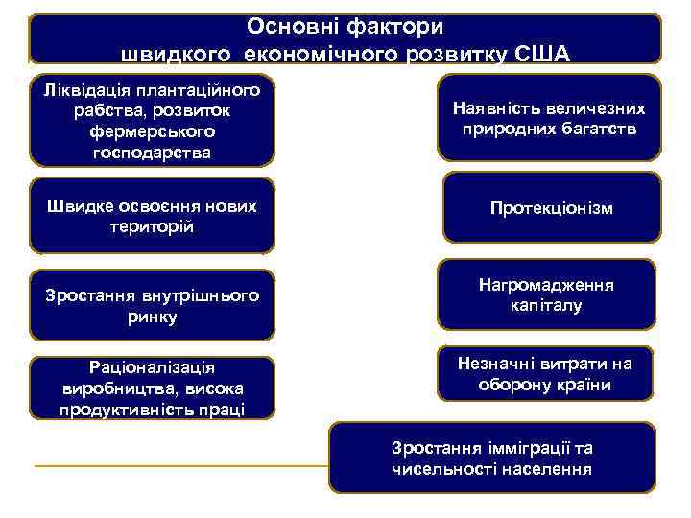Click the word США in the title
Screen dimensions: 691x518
[x=541, y=52]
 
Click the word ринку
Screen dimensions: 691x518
[x=151, y=317]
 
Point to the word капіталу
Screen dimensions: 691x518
[x=548, y=306]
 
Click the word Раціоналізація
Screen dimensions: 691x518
[x=151, y=367]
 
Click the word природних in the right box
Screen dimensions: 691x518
[x=507, y=129]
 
